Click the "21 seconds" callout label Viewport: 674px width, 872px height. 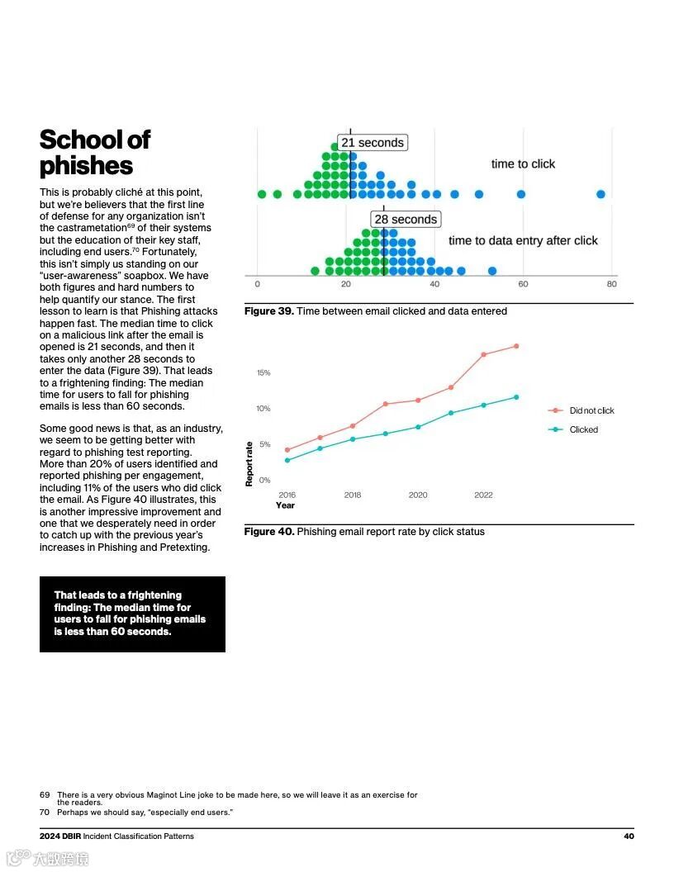coord(373,143)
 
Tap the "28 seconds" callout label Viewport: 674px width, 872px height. coord(405,220)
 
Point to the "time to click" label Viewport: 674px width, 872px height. coord(523,163)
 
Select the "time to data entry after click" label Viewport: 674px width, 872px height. coord(523,240)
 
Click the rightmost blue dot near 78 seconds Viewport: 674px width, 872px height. coord(600,194)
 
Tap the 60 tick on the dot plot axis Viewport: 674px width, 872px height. coord(523,284)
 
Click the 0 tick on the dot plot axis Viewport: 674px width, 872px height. coord(257,284)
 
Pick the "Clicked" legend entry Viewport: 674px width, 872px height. coord(583,429)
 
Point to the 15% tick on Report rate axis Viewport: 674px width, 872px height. coord(263,372)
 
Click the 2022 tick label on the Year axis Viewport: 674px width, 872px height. coord(483,495)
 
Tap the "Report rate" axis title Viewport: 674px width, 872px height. coord(249,463)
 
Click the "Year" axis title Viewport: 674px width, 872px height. coord(285,505)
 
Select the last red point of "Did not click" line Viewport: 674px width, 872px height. coord(516,346)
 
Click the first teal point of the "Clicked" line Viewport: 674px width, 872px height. coord(287,460)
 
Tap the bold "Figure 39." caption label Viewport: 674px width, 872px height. coord(268,311)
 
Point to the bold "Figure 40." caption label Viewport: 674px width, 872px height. coord(268,532)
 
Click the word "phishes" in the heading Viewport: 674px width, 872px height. coord(86,165)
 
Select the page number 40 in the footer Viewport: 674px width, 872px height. coord(629,836)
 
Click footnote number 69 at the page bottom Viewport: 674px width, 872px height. coord(45,795)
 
